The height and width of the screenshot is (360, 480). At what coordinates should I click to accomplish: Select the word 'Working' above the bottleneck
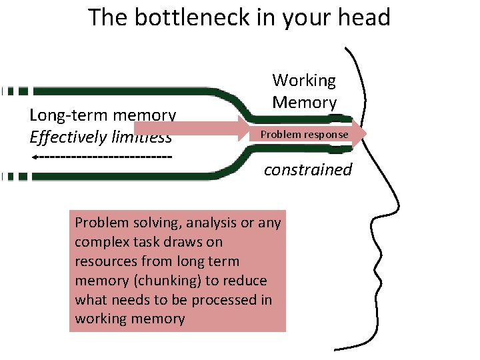click(304, 81)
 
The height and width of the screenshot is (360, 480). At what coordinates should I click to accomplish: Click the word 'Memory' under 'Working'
click(304, 103)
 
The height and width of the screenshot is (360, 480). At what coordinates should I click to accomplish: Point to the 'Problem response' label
click(304, 135)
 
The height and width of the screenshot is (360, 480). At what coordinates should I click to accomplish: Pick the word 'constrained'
click(307, 169)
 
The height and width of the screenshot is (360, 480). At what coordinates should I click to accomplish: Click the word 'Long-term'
click(63, 115)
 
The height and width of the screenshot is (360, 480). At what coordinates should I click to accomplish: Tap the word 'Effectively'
click(63, 137)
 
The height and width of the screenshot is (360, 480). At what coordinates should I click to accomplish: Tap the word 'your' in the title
click(299, 17)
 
